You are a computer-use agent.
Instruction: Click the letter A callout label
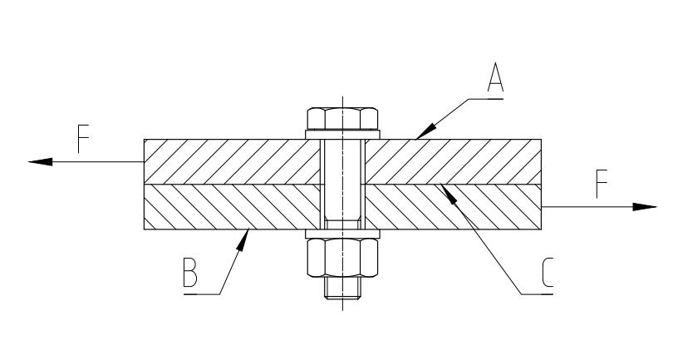[494, 81]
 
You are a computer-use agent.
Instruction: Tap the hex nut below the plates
[343, 260]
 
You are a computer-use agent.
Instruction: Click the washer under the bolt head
[343, 135]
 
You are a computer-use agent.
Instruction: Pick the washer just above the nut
[343, 234]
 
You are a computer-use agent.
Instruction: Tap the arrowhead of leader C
[445, 190]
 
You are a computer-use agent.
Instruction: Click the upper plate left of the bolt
[233, 160]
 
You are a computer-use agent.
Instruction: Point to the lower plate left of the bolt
[233, 207]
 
